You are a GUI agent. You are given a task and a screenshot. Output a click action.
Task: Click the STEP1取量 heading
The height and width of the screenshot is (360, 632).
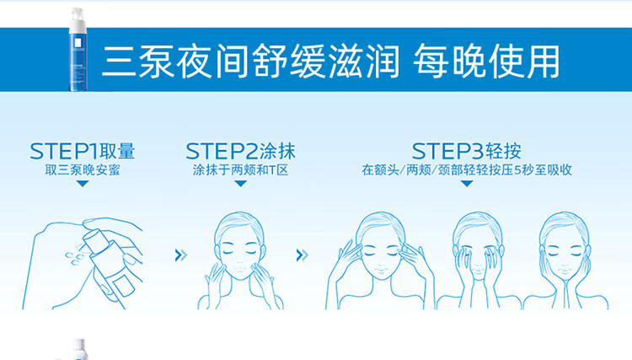(82, 152)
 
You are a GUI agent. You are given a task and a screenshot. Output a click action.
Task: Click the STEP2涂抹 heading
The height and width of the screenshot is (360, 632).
(240, 152)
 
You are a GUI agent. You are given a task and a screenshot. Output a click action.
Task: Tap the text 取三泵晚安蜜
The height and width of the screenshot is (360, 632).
(82, 169)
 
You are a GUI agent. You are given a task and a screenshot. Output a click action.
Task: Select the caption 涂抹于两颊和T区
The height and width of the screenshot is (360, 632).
(240, 169)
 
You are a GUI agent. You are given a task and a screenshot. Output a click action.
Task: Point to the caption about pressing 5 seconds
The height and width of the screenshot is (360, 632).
(467, 169)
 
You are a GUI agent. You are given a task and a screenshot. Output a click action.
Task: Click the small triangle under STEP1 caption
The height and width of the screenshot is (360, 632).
(82, 183)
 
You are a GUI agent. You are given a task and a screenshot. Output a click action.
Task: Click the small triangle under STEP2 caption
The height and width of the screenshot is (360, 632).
(240, 183)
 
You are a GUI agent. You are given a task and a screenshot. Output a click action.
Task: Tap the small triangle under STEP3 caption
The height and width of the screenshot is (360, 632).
(467, 183)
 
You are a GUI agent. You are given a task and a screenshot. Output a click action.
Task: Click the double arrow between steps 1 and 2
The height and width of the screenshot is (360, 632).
(179, 254)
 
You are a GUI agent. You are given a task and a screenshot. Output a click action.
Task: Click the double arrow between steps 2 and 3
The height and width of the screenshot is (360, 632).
(300, 254)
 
